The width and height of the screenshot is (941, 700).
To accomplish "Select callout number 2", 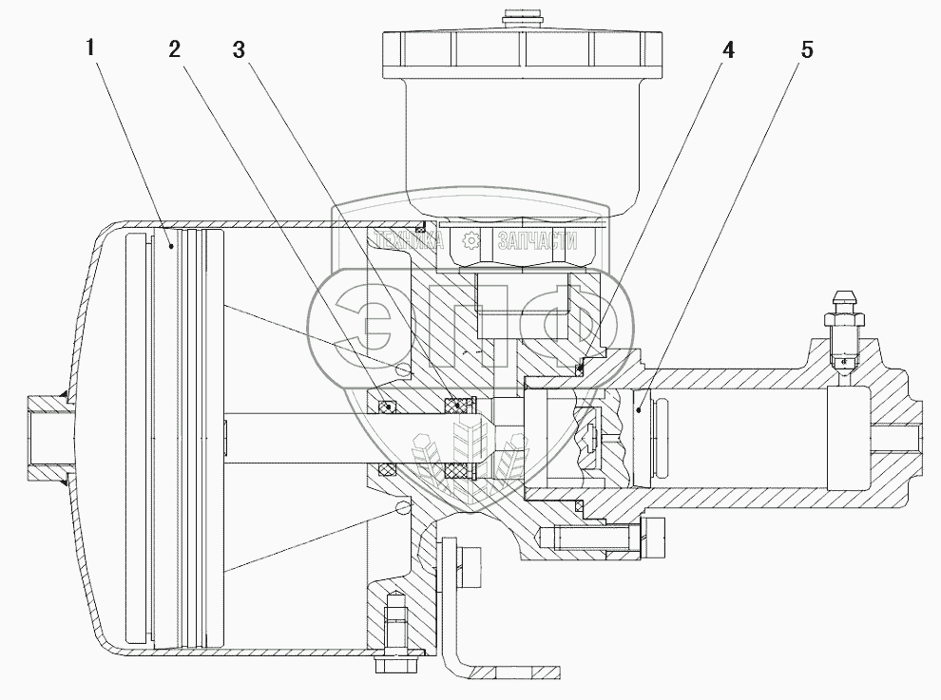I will [x=175, y=49].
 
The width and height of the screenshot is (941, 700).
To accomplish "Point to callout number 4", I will [x=728, y=49].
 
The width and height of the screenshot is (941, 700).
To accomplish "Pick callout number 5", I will [x=806, y=49].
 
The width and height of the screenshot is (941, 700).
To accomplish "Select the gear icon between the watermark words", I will [x=466, y=240].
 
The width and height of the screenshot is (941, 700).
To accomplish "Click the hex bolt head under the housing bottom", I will [x=389, y=654].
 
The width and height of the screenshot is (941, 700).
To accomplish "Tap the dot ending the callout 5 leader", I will [x=641, y=409].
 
